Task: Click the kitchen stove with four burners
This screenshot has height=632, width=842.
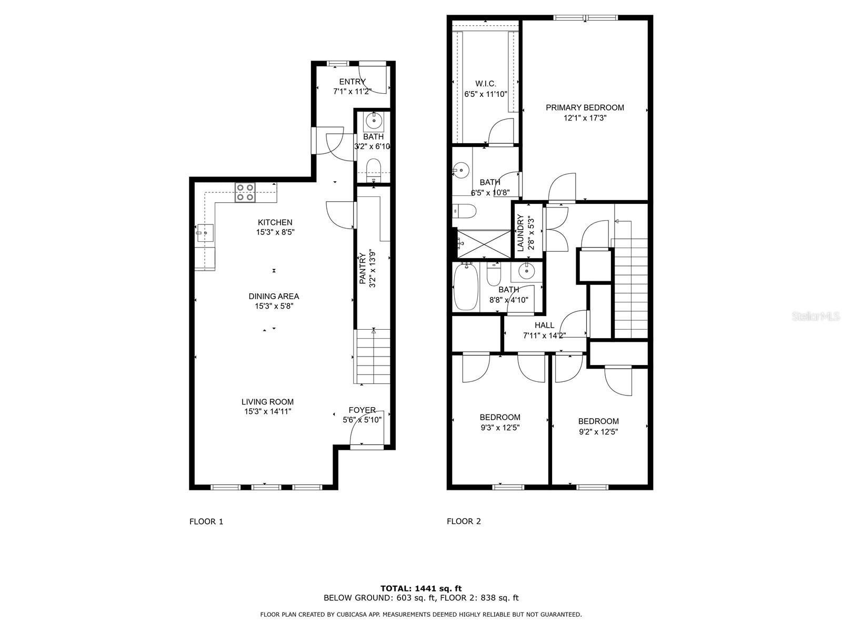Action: (245, 192)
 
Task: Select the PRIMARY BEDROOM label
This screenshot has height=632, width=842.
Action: (585, 107)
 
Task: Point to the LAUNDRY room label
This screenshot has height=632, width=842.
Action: (520, 232)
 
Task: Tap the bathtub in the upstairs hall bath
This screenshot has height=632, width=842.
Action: (465, 287)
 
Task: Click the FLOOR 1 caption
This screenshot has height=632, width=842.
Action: (206, 521)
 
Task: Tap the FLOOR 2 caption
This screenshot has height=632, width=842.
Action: (464, 521)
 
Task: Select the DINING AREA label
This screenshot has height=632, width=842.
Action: (274, 296)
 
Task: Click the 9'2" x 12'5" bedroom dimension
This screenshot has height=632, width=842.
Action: (598, 432)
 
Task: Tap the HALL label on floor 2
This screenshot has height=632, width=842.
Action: (544, 325)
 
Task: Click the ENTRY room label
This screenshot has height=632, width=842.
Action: (352, 82)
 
